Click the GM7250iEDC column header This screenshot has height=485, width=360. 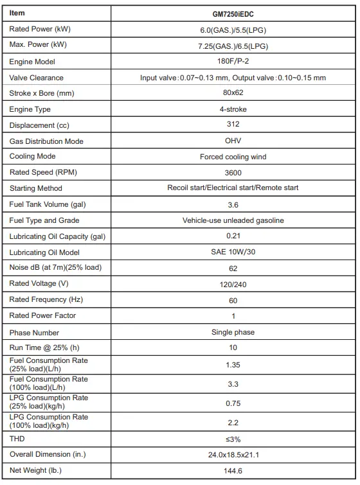[x=233, y=13]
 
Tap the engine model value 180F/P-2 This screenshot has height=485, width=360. [x=233, y=62]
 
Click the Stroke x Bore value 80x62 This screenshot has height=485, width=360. [x=233, y=93]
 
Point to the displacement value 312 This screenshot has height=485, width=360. [x=233, y=124]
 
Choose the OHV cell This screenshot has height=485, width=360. [x=233, y=141]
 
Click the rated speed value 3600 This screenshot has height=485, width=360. [x=233, y=172]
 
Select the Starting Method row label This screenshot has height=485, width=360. [x=36, y=188]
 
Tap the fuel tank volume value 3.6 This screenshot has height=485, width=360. [x=233, y=205]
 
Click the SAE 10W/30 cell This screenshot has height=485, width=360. [x=233, y=252]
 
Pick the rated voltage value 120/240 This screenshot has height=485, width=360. [x=233, y=284]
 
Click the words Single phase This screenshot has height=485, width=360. [x=233, y=332]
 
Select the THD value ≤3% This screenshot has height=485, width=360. [x=233, y=439]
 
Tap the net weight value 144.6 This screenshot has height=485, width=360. [x=233, y=471]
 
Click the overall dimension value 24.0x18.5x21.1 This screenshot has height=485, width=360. [x=233, y=455]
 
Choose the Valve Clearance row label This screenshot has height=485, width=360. [x=37, y=78]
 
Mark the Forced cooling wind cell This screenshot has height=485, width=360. [x=233, y=157]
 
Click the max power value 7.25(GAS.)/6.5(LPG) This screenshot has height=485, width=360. [x=233, y=46]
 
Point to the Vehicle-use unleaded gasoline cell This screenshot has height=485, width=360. [x=233, y=220]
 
